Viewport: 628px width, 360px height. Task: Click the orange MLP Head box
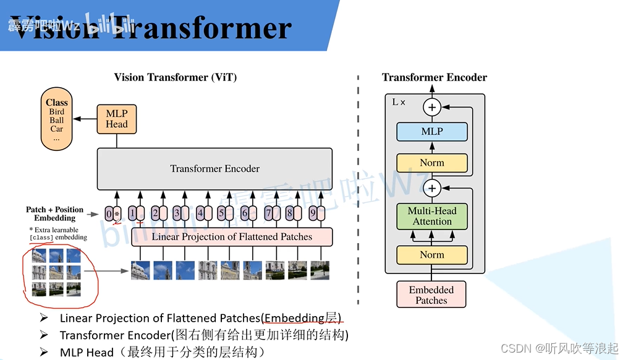pyautogui.click(x=116, y=119)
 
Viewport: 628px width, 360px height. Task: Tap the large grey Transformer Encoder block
pyautogui.click(x=214, y=168)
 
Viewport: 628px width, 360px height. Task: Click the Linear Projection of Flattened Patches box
pyautogui.click(x=232, y=237)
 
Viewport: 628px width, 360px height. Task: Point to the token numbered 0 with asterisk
pyautogui.click(x=112, y=214)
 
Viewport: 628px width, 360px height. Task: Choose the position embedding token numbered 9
pyautogui.click(x=316, y=214)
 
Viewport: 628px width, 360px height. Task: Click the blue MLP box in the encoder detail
pyautogui.click(x=432, y=131)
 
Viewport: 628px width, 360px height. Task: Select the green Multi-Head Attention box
pyautogui.click(x=432, y=216)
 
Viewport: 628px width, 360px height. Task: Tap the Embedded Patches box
pyautogui.click(x=431, y=295)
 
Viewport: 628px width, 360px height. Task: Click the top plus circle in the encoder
pyautogui.click(x=432, y=107)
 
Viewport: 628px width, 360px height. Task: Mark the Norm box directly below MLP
pyautogui.click(x=432, y=163)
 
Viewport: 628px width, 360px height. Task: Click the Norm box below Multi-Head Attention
pyautogui.click(x=432, y=254)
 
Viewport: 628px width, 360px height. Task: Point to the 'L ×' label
pyautogui.click(x=399, y=102)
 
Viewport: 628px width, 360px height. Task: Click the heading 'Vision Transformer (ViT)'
pyautogui.click(x=176, y=77)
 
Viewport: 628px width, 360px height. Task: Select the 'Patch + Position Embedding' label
pyautogui.click(x=55, y=214)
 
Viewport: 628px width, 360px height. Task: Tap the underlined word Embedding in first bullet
pyautogui.click(x=294, y=318)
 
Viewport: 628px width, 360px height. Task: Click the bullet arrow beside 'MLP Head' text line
pyautogui.click(x=44, y=352)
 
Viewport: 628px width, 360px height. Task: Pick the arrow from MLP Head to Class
pyautogui.click(x=84, y=119)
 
